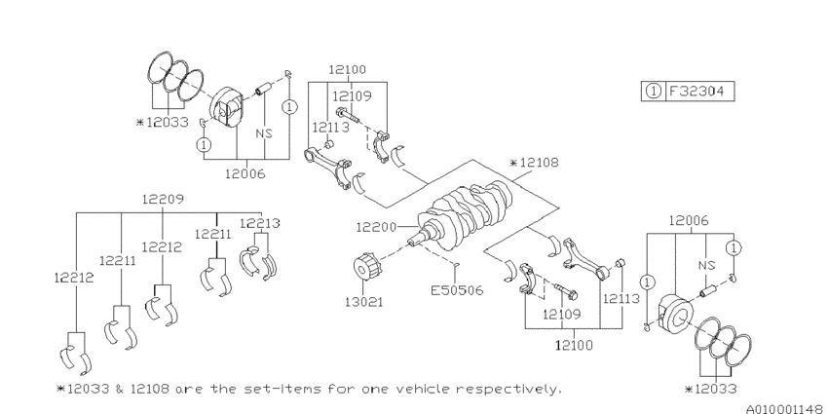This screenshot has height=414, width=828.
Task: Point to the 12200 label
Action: coord(374,226)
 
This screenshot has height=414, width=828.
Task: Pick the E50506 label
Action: coord(457,289)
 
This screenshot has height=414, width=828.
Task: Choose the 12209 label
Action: coord(161,199)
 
